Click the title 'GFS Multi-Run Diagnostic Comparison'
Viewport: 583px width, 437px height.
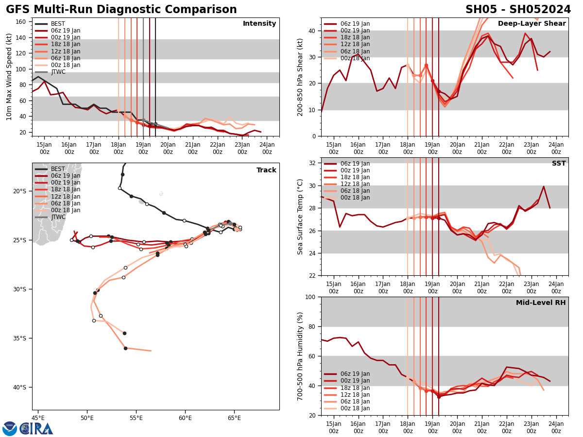click(121, 10)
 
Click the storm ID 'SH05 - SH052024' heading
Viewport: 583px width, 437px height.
click(518, 10)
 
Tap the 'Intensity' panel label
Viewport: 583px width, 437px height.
click(259, 24)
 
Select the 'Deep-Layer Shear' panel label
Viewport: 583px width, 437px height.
click(532, 24)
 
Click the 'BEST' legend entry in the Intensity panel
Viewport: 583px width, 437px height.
click(58, 24)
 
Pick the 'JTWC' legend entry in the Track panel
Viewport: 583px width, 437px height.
click(58, 217)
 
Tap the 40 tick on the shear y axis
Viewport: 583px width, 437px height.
click(312, 31)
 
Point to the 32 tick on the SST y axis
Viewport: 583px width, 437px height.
click(312, 163)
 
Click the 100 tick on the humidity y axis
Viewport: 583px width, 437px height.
click(310, 297)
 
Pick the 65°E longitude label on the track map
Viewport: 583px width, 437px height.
click(234, 418)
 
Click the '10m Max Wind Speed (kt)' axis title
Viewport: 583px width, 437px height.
click(9, 77)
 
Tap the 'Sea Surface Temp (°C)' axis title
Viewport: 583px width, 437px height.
click(300, 217)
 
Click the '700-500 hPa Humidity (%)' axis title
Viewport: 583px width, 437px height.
click(300, 356)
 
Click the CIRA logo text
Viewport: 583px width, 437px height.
click(36, 428)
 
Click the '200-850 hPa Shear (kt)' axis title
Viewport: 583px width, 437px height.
click(300, 77)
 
